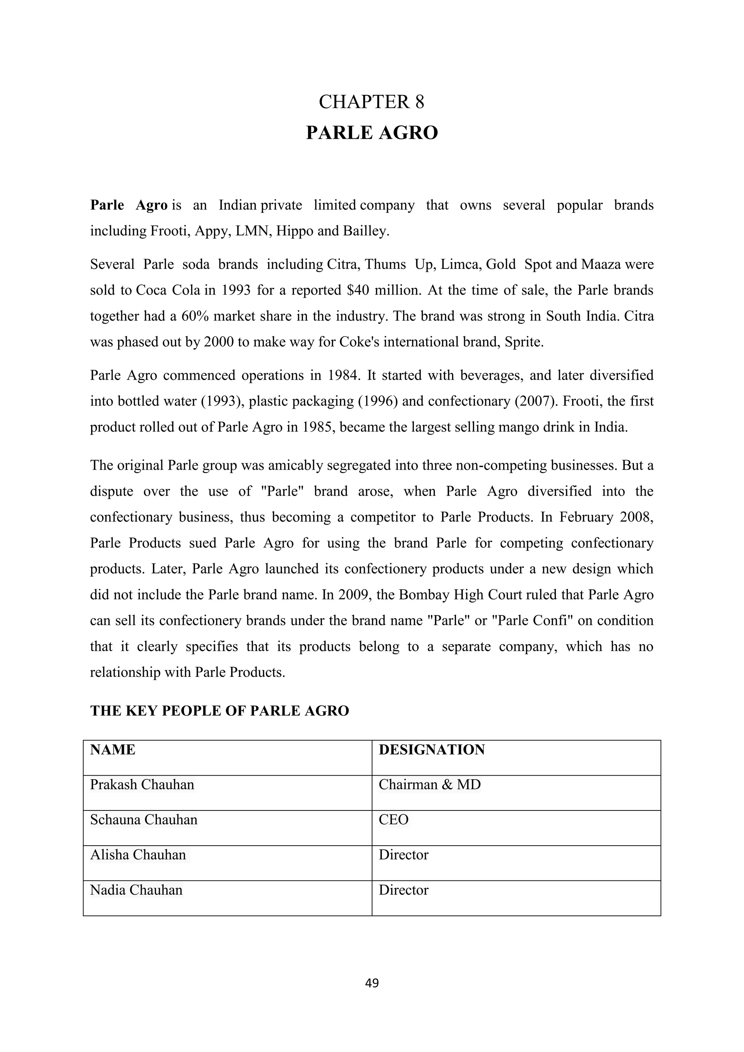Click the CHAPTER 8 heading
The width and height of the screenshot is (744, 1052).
pyautogui.click(x=372, y=102)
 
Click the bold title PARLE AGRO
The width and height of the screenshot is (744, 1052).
pyautogui.click(x=372, y=133)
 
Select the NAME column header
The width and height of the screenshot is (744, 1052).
pyautogui.click(x=113, y=750)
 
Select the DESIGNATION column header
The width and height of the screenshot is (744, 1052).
pyautogui.click(x=432, y=750)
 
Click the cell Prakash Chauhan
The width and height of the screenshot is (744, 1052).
pyautogui.click(x=142, y=785)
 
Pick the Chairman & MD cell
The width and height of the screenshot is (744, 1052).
pyautogui.click(x=429, y=785)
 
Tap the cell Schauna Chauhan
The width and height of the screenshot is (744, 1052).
pyautogui.click(x=143, y=820)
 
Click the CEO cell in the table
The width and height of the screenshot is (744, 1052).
pyautogui.click(x=393, y=820)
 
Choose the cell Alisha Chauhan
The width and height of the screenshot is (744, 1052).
pyautogui.click(x=138, y=855)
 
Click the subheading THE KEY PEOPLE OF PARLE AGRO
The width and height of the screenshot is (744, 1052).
pyautogui.click(x=219, y=711)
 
